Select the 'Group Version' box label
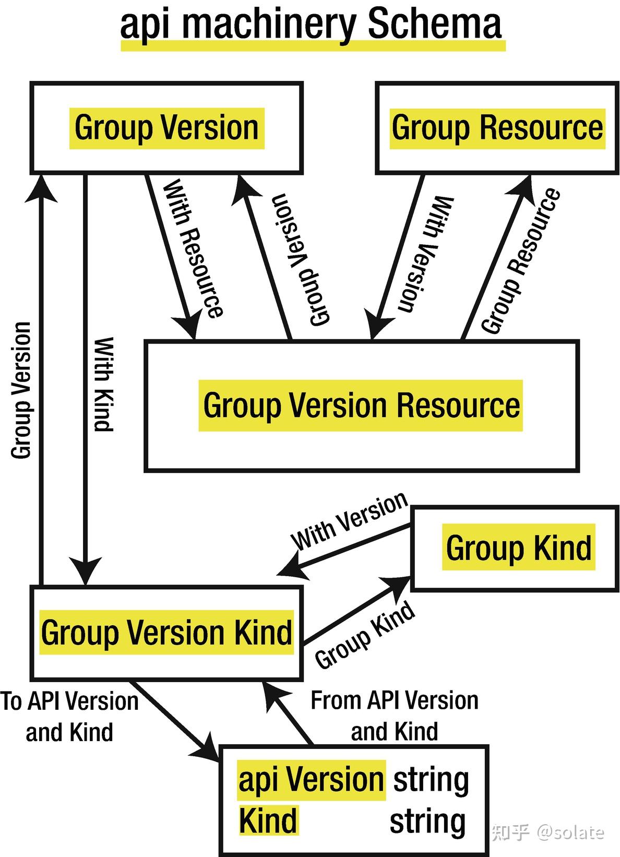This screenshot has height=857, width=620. (x=166, y=128)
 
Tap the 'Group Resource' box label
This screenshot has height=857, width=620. (x=497, y=128)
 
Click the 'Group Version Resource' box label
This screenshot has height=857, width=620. (x=361, y=406)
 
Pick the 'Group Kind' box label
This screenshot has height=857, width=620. (x=519, y=547)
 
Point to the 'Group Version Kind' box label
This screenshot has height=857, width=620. (x=166, y=632)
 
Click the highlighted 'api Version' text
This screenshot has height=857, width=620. (x=311, y=780)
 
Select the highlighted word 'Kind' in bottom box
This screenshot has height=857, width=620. (x=268, y=820)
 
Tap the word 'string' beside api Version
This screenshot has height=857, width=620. (x=431, y=780)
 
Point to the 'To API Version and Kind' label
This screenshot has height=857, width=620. (x=69, y=716)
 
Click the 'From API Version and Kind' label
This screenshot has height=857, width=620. (x=395, y=716)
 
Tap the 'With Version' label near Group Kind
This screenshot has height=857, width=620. (x=349, y=521)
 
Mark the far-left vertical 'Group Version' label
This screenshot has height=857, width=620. (x=21, y=390)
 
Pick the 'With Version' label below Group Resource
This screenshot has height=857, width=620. (x=425, y=254)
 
